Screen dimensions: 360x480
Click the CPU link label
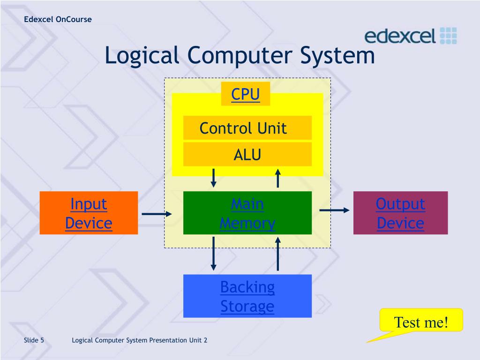(x=245, y=94)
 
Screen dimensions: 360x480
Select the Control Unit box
(x=247, y=128)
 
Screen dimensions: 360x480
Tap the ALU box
(x=247, y=154)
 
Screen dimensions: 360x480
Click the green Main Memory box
(x=247, y=213)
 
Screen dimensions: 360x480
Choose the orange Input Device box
(x=89, y=213)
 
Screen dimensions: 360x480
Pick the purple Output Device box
(x=400, y=213)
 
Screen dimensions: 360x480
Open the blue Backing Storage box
(x=247, y=296)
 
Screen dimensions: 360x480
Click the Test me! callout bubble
(x=420, y=322)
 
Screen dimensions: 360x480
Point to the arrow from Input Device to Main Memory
(x=157, y=214)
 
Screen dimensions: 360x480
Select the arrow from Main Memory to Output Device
(x=334, y=210)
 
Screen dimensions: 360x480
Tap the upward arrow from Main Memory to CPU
(x=278, y=178)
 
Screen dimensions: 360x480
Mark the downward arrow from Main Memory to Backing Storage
(x=214, y=253)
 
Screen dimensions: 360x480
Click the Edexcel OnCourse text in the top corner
(x=58, y=19)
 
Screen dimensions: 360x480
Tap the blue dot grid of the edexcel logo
(x=449, y=36)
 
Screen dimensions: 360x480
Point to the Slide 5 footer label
(x=34, y=340)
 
